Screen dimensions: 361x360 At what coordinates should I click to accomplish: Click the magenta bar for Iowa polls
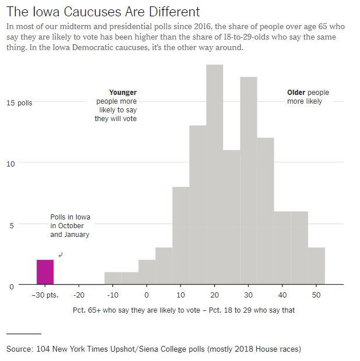[45, 272]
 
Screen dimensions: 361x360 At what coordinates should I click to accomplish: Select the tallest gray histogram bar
[215, 175]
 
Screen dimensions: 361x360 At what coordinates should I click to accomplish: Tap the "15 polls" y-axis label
[20, 103]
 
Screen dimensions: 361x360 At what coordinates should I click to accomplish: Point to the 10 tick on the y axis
[10, 164]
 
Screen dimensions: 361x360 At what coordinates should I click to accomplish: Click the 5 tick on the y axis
[10, 225]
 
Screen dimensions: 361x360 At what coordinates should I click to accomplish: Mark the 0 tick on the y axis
[10, 286]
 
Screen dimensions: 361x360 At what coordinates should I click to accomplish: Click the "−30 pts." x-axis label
[45, 295]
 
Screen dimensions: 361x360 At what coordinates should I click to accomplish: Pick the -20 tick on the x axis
[79, 295]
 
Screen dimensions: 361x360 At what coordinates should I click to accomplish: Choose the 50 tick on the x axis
[316, 295]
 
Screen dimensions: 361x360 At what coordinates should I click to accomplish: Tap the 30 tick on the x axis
[249, 295]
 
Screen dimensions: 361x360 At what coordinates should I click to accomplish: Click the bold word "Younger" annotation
[123, 93]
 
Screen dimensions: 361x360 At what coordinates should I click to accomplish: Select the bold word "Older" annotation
[296, 93]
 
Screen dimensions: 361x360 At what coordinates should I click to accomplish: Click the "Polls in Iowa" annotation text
[70, 218]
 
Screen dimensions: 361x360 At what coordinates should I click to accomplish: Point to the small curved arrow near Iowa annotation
[61, 254]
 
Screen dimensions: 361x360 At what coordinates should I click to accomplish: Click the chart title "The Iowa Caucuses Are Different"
[103, 12]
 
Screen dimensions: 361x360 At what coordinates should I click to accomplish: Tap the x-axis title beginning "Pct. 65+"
[184, 310]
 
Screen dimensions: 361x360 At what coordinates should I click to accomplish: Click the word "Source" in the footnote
[19, 349]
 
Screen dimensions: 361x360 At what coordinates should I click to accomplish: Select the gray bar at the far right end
[316, 266]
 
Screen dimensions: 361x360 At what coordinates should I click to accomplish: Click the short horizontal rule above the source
[24, 334]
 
